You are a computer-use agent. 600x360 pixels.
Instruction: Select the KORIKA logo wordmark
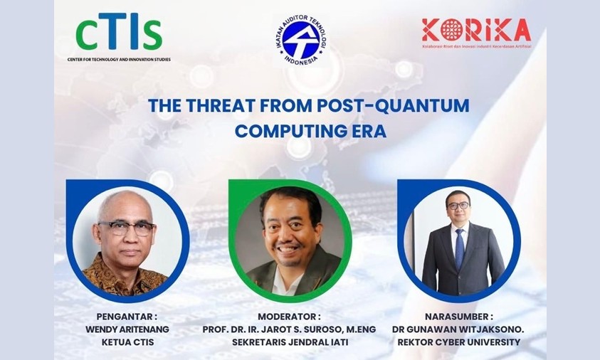pyautogui.click(x=475, y=30)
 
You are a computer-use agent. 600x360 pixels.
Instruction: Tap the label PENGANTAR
pyautogui.click(x=127, y=316)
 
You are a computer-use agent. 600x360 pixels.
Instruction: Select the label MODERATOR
pyautogui.click(x=300, y=316)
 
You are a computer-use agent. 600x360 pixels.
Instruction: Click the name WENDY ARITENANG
pyautogui.click(x=127, y=329)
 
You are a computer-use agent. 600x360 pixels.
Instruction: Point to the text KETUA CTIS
pyautogui.click(x=127, y=343)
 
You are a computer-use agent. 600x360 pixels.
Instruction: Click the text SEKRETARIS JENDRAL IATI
pyautogui.click(x=300, y=343)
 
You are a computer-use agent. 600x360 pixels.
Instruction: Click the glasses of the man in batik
pyautogui.click(x=127, y=228)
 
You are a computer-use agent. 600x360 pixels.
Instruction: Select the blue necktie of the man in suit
pyautogui.click(x=460, y=245)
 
